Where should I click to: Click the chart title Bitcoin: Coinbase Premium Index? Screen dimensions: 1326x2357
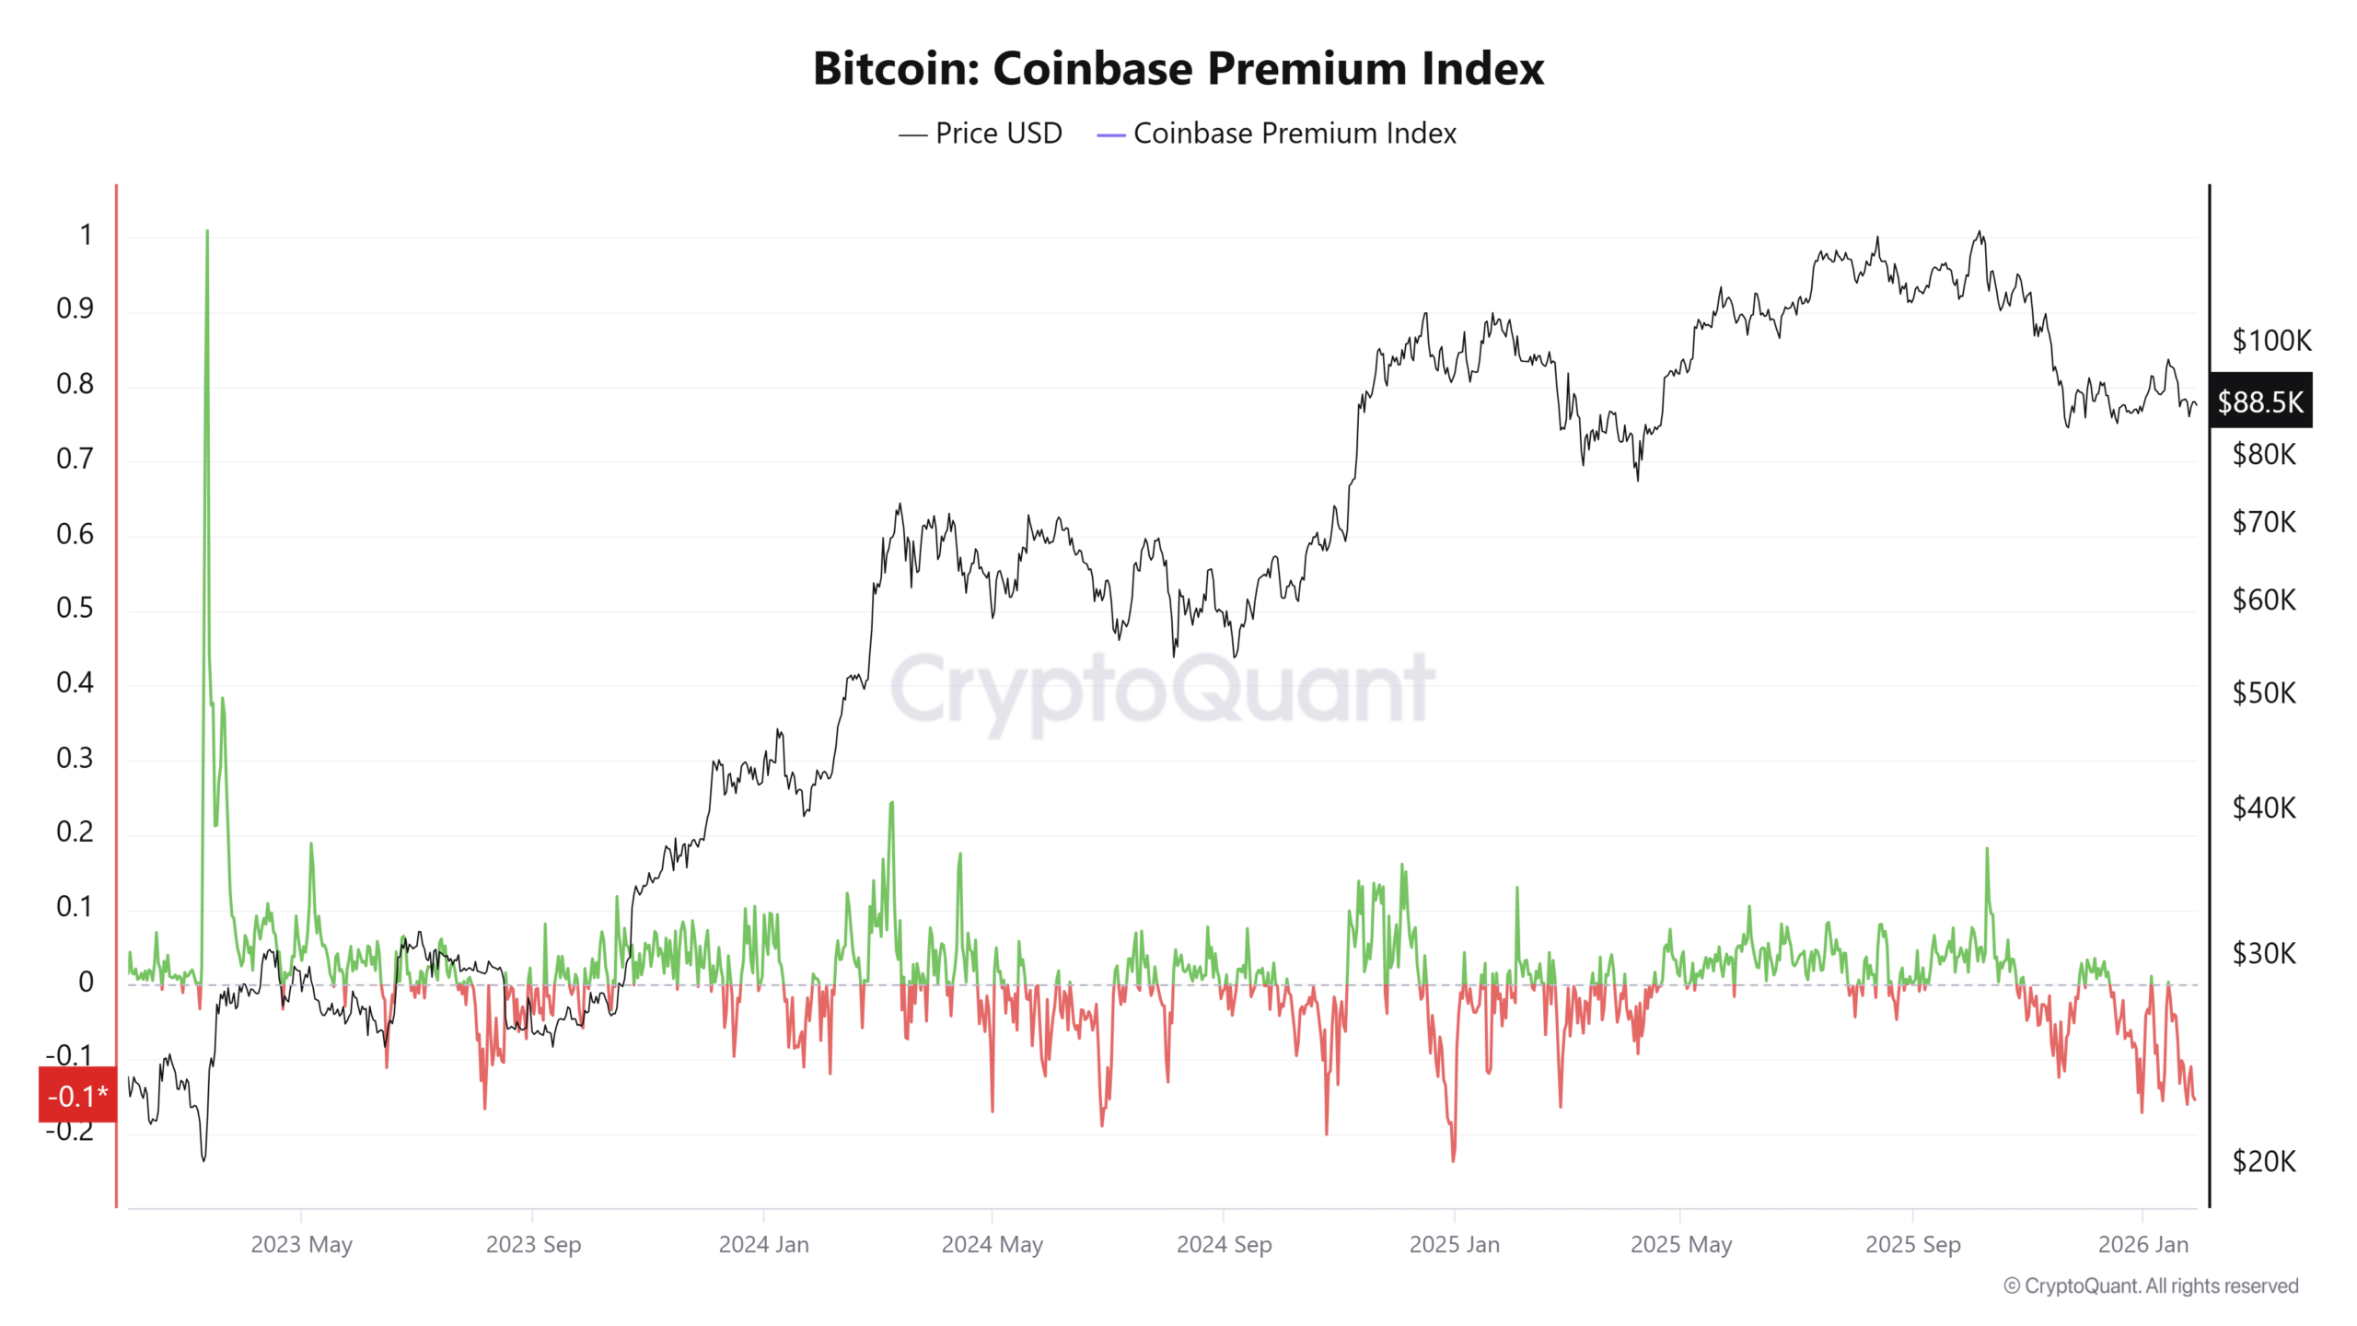(x=1178, y=68)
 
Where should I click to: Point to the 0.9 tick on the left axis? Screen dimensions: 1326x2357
(x=75, y=308)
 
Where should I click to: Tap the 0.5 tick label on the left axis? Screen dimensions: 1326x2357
(x=75, y=608)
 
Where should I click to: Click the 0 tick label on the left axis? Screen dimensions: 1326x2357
(x=86, y=982)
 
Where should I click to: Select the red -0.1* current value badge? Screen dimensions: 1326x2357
(x=78, y=1096)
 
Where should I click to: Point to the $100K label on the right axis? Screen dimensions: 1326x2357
(x=2270, y=341)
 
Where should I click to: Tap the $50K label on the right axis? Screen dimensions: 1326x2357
(x=2264, y=692)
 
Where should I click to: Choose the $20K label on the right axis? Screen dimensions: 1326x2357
(x=2264, y=1162)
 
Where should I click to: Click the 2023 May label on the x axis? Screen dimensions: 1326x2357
(x=301, y=1245)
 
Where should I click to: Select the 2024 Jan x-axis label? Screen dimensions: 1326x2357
(x=763, y=1245)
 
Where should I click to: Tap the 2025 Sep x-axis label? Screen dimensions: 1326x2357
(x=1912, y=1245)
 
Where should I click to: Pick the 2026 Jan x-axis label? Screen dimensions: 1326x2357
(x=2142, y=1245)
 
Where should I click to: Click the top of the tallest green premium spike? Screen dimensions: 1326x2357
(x=207, y=232)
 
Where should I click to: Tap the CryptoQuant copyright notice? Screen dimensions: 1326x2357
(x=2151, y=1286)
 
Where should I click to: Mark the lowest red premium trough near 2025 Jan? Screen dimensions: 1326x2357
(x=1453, y=1159)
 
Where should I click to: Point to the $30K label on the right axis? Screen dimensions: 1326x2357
(x=2264, y=953)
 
